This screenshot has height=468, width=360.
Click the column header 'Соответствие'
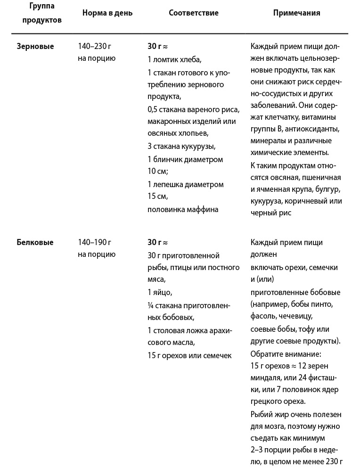click(193, 13)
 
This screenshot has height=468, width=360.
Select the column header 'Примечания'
click(296, 13)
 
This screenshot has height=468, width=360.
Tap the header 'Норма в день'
click(107, 13)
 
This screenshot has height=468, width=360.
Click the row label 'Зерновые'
click(35, 46)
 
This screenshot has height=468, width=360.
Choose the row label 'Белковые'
click(35, 243)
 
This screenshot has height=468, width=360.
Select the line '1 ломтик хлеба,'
click(174, 59)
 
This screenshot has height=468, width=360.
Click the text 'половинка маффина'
click(183, 209)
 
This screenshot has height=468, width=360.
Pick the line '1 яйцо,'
click(160, 292)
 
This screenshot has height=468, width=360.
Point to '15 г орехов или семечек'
click(189, 355)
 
